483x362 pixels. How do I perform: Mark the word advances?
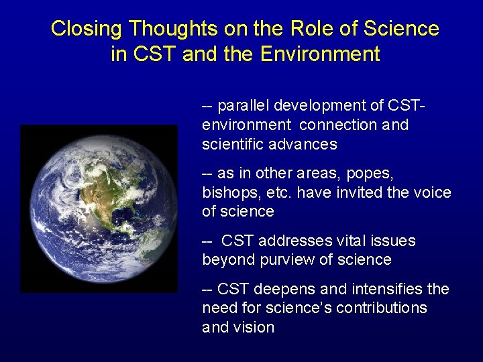pos(305,144)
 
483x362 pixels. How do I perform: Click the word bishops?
pos(227,193)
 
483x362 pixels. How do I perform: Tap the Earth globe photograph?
pos(99,208)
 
